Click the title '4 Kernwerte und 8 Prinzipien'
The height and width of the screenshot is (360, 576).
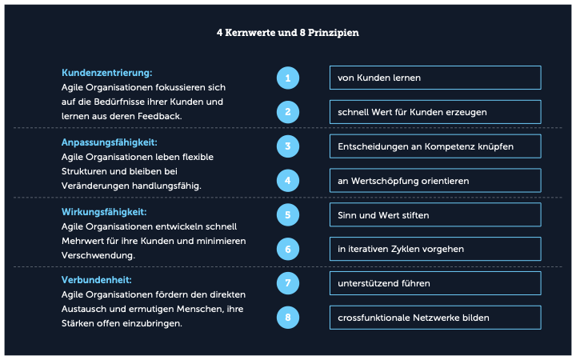pyautogui.click(x=288, y=33)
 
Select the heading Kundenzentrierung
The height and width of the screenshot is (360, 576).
pyautogui.click(x=107, y=73)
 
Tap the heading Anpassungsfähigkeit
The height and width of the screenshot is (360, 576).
pyautogui.click(x=110, y=142)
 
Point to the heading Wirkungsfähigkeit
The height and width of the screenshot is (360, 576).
pyautogui.click(x=104, y=212)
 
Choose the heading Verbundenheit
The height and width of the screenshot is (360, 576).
pyautogui.click(x=97, y=280)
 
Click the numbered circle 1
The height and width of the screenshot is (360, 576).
pyautogui.click(x=288, y=78)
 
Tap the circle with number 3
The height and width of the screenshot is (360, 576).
pyautogui.click(x=288, y=146)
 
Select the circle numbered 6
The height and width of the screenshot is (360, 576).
pyautogui.click(x=288, y=249)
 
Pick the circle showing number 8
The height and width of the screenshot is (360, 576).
pyautogui.click(x=288, y=318)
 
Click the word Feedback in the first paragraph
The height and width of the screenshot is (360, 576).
pyautogui.click(x=159, y=116)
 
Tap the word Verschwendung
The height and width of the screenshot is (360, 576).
pyautogui.click(x=98, y=255)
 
